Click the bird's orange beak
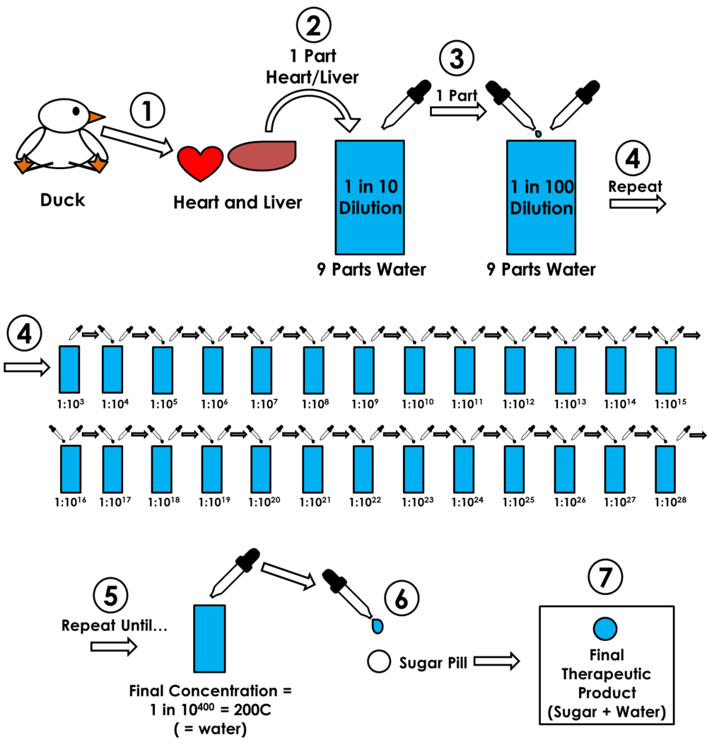coord(95,117)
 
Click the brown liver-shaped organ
coord(262,156)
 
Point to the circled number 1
coord(147,111)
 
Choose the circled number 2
coord(313,26)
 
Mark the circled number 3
coord(457,59)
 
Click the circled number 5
coord(110,596)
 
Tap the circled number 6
coord(402,599)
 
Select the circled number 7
coord(605,577)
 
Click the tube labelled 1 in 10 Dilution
coord(370,197)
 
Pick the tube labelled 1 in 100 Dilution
coord(541,197)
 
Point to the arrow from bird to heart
coord(137,140)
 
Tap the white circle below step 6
coord(379,661)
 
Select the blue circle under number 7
coord(605,629)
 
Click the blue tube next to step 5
coord(209,638)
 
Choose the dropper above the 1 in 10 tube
coord(406,105)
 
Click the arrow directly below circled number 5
coord(113,647)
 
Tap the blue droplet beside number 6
coord(378,626)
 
